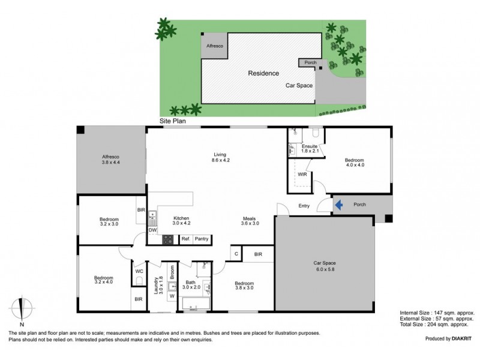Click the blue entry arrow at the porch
pos(338,205)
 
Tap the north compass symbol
pos(22,309)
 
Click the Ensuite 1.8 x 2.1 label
pos(309,148)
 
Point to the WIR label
pos(302,175)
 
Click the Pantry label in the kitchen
pos(202,239)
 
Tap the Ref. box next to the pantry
pos(185,239)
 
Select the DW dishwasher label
pos(152,230)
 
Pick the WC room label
pos(139,271)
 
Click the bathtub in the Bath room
pos(196,307)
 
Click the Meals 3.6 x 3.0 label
pos(251,221)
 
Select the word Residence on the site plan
pos(263,73)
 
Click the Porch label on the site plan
pos(310,62)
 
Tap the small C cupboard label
pos(236,254)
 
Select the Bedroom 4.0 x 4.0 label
pos(354,163)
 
